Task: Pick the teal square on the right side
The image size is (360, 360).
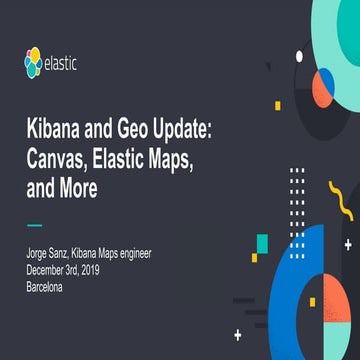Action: coord(261,242)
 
